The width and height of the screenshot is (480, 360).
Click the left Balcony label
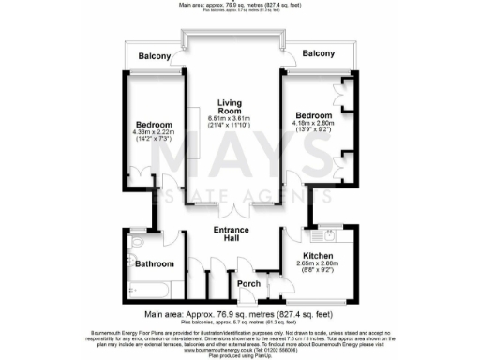tap(156, 56)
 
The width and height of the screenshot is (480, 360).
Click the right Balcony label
tap(320, 53)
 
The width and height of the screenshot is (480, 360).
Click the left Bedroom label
tap(154, 126)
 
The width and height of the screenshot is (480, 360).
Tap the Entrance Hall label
tap(231, 234)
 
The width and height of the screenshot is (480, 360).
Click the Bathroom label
tap(154, 264)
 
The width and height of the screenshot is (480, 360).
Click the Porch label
tap(247, 284)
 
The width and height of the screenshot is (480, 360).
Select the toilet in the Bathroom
tap(136, 246)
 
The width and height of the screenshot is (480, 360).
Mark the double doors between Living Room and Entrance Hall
tap(231, 208)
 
